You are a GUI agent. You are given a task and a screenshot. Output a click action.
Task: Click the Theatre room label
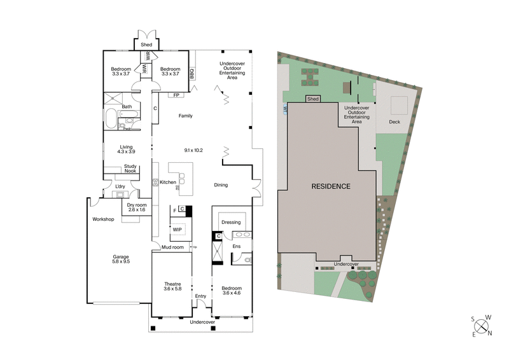pos(172,284)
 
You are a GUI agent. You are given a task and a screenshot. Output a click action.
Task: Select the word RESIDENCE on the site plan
pos(331,187)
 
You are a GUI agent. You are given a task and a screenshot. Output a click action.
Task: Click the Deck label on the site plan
pos(394,121)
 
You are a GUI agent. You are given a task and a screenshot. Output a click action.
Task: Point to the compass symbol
pos(482,327)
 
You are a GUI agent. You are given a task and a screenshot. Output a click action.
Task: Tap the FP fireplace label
pos(176,95)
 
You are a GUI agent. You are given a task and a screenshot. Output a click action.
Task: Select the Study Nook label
pos(130,169)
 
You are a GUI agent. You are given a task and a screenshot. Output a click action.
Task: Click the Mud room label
pos(172,247)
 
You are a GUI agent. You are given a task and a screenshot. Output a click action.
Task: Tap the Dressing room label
pos(230,222)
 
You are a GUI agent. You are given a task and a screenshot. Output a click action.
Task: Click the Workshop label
pos(102,219)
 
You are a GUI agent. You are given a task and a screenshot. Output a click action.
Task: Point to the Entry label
pos(201,296)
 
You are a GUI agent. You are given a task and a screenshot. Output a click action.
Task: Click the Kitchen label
pos(168,183)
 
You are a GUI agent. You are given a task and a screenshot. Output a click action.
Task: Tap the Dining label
pos(221,185)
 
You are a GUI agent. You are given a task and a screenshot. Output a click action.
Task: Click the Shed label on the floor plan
pos(146,45)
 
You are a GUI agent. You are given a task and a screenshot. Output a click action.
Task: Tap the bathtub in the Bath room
pos(111,118)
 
